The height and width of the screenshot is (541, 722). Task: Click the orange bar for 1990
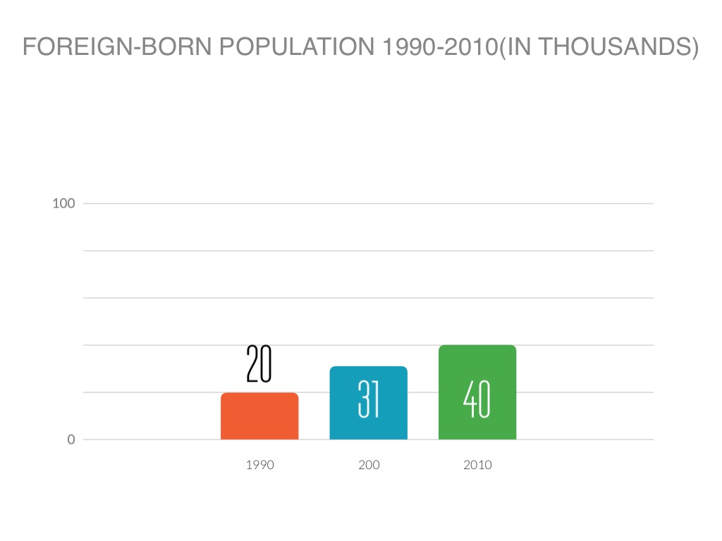click(x=259, y=416)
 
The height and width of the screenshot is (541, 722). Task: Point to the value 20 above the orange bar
click(x=259, y=364)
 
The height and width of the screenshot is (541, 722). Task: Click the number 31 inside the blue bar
click(x=369, y=400)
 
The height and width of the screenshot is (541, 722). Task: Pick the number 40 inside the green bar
click(x=477, y=400)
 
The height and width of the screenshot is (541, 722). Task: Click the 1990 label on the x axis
click(x=259, y=465)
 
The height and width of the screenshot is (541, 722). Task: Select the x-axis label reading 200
click(x=369, y=465)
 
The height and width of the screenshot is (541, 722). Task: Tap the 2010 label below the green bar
click(x=477, y=465)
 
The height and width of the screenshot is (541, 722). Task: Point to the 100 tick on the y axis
click(x=63, y=204)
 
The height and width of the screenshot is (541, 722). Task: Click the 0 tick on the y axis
click(x=71, y=440)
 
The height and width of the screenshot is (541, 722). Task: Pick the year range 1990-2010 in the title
click(x=436, y=47)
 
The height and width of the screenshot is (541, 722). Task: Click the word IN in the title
click(x=521, y=47)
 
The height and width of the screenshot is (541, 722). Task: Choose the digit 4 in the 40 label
click(x=470, y=400)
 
